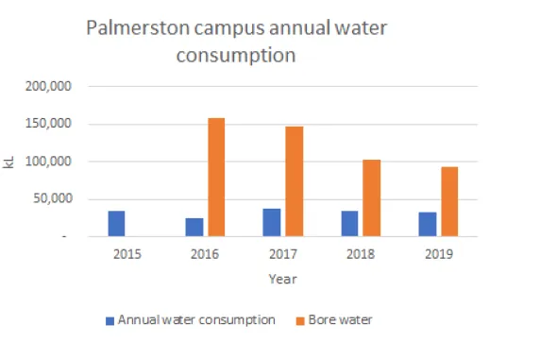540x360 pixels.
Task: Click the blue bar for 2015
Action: coord(116,224)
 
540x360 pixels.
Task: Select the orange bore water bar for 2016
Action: coord(216,178)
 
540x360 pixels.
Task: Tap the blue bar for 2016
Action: coord(194,228)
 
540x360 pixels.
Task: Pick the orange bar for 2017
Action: coord(295,181)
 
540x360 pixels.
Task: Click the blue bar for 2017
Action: coord(272,222)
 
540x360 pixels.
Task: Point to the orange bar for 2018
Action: coord(372,198)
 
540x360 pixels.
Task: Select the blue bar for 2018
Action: coord(349,224)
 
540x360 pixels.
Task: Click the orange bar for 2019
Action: coord(449,202)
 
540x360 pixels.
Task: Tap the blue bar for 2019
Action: coord(427,225)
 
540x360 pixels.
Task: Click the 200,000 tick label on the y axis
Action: coord(48,87)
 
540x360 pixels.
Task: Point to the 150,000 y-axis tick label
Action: coord(48,125)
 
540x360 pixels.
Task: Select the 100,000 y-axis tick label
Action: coord(48,162)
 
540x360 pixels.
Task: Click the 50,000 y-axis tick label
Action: coord(52,199)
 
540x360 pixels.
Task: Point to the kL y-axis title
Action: coord(10,163)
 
